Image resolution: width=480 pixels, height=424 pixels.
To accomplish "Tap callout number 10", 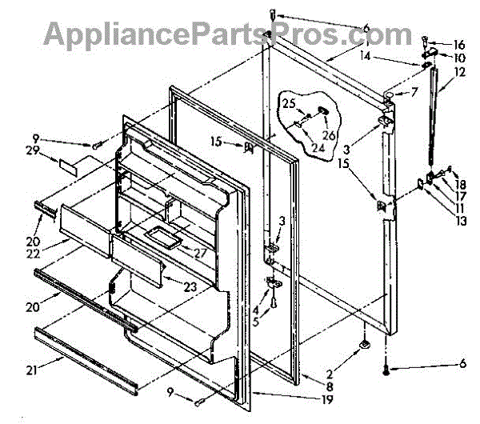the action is coord(459,58).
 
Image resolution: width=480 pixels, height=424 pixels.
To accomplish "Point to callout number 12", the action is coord(459,71).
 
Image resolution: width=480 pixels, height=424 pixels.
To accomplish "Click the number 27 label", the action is coord(199,252).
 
